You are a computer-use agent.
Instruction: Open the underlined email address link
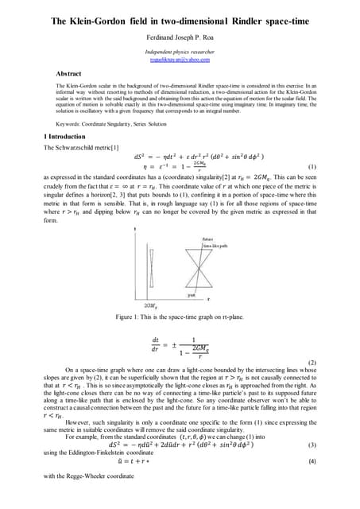coord(180,60)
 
